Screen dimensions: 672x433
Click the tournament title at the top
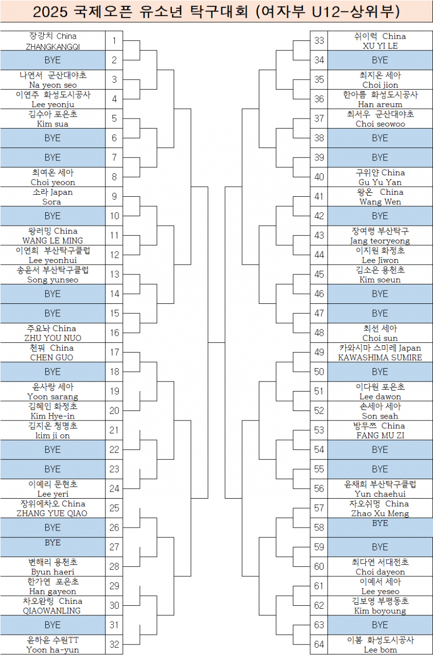pos(216,11)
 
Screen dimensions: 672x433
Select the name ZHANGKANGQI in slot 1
pos(53,46)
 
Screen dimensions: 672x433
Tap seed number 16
pos(114,333)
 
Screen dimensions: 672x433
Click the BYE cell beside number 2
pos(53,60)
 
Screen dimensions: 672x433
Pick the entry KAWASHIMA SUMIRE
pos(380,358)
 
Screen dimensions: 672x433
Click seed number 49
pos(319,352)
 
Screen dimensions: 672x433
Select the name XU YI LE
pos(380,46)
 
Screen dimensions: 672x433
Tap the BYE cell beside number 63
pos(380,625)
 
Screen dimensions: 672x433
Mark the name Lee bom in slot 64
pos(380,650)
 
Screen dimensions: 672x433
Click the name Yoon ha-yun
pos(53,650)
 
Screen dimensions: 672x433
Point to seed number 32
pos(114,644)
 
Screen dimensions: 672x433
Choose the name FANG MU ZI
pos(380,435)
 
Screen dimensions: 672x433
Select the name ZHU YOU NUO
pos(53,338)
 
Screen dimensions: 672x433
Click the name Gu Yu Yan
pos(380,182)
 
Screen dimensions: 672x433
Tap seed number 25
pos(114,508)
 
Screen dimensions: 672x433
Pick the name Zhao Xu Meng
pos(380,513)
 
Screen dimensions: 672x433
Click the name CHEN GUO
pos(53,358)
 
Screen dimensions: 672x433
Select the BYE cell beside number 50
pos(380,372)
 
